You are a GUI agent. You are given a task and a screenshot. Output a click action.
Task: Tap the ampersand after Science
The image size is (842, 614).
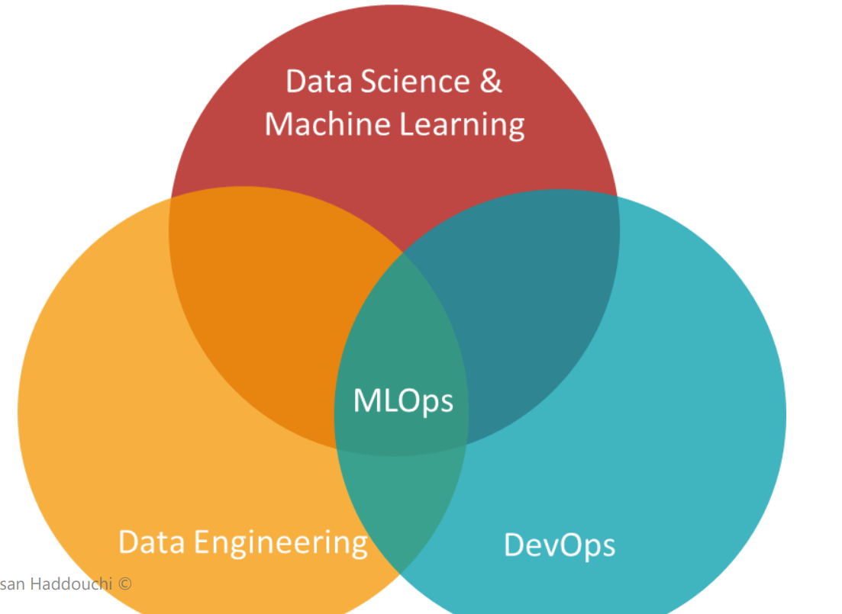point(491,81)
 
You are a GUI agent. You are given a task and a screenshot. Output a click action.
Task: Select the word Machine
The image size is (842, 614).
point(320,124)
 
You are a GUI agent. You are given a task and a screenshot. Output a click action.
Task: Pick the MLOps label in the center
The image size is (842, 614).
point(403,400)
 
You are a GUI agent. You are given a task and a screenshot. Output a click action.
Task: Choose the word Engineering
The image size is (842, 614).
point(280,542)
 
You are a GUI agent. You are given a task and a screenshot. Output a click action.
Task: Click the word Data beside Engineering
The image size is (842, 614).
point(151,542)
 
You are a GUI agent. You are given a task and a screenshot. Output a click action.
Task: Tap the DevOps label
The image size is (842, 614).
point(560,545)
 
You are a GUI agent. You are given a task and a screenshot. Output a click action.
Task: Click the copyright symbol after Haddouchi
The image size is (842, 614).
point(125,584)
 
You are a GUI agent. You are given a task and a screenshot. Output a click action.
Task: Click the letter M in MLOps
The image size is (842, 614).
point(366,400)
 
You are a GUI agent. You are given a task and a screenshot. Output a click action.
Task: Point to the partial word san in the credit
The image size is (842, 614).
point(11,584)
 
